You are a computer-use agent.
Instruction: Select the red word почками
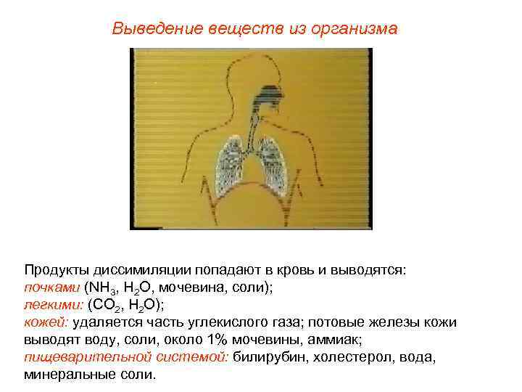pyautogui.click(x=51, y=287)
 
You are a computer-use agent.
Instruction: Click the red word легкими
pyautogui.click(x=53, y=304)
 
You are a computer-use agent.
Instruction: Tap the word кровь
pyautogui.click(x=289, y=269)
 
